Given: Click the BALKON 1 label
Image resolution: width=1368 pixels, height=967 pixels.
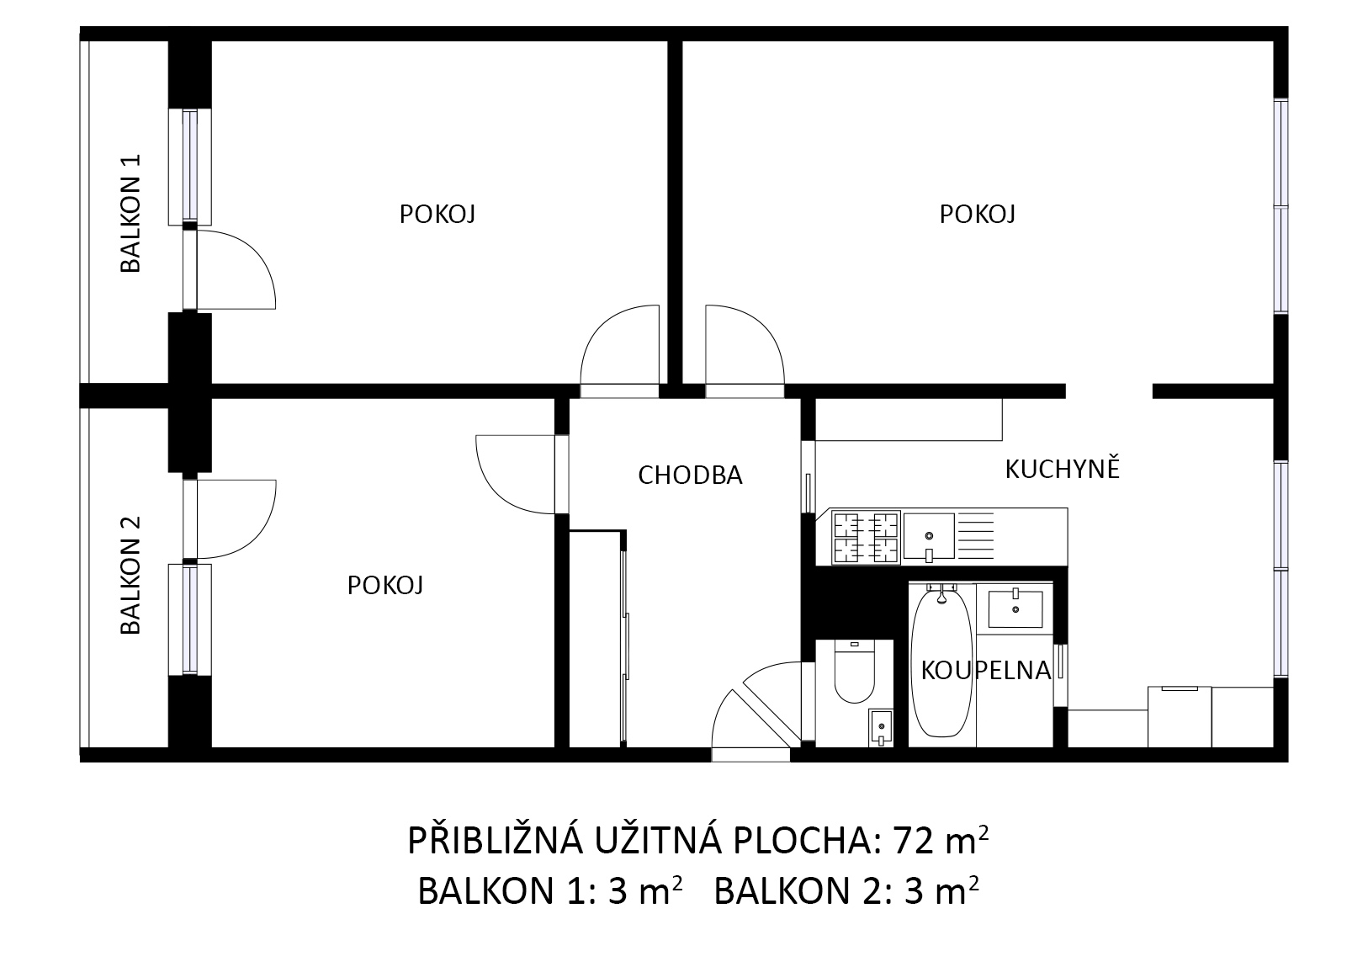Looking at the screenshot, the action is click(x=130, y=213).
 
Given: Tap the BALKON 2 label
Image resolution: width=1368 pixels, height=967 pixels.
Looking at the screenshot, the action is click(x=130, y=575).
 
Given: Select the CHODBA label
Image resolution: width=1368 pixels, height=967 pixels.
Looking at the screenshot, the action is click(x=690, y=476).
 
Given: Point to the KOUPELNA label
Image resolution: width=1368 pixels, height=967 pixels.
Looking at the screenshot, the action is click(x=986, y=671).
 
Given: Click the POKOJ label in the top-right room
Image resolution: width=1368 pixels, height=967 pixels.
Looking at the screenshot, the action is click(x=977, y=215).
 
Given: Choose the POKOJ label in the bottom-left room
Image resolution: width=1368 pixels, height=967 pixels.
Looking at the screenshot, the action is click(x=384, y=585).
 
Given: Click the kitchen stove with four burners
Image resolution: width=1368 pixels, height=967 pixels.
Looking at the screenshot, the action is click(x=866, y=538).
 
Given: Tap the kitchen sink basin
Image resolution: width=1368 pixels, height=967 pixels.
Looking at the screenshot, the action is click(x=929, y=536).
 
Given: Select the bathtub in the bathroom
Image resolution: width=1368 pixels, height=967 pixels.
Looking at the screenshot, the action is click(x=941, y=663).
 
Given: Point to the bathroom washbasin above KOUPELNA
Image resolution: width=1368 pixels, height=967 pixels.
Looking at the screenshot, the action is click(x=1015, y=608).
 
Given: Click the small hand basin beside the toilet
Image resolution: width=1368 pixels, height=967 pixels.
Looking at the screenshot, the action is click(x=880, y=727).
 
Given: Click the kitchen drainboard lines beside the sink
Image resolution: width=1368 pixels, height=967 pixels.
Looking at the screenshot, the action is click(x=975, y=536).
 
